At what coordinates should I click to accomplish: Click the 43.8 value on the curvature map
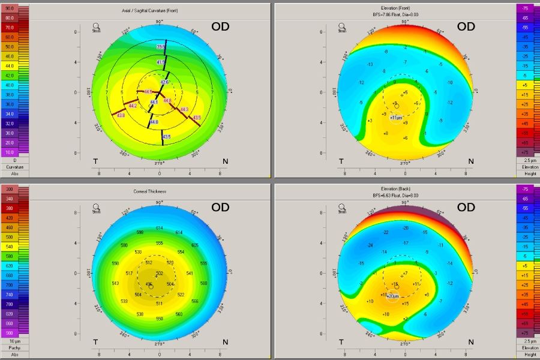pyautogui.click(x=121, y=115)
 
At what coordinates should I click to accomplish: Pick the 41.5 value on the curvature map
pyautogui.click(x=161, y=62)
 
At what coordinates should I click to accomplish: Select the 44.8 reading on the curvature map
pyautogui.click(x=167, y=100)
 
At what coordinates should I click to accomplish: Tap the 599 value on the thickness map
pyautogui.click(x=140, y=232)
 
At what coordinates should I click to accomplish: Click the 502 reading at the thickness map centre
pyautogui.click(x=160, y=274)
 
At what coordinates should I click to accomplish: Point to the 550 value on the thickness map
pyautogui.click(x=159, y=319)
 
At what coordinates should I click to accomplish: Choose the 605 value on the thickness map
pyautogui.click(x=195, y=245)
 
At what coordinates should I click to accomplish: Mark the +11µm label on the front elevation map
pyautogui.click(x=395, y=118)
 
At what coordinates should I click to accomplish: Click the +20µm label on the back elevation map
pyautogui.click(x=393, y=296)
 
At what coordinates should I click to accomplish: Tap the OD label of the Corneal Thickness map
pyautogui.click(x=220, y=208)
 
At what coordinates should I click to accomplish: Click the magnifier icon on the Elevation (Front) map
pyautogui.click(x=341, y=26)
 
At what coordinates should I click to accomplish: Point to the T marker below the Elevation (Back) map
pyautogui.click(x=341, y=341)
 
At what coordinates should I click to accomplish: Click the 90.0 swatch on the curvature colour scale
pyautogui.click(x=10, y=9)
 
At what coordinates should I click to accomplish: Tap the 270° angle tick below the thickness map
pyautogui.click(x=160, y=344)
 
